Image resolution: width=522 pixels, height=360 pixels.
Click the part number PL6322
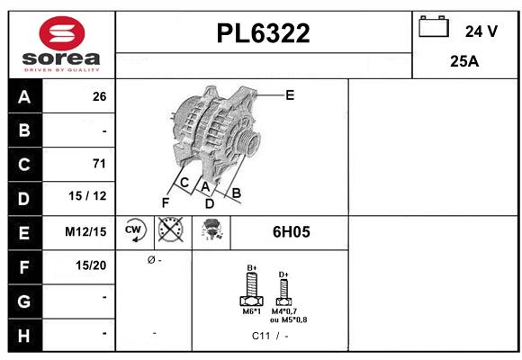tap(264, 34)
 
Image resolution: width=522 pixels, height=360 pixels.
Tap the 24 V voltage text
tap(481, 31)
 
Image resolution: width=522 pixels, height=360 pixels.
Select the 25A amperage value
tap(463, 61)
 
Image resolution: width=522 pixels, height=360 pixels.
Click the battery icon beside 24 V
tap(434, 28)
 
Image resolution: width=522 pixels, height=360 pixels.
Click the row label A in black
tap(23, 96)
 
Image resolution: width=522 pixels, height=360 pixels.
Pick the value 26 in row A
tap(99, 97)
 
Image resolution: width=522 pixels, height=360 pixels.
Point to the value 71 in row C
tap(99, 164)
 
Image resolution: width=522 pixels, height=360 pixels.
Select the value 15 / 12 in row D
tap(93, 197)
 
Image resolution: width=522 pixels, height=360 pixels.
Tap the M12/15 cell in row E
tap(86, 231)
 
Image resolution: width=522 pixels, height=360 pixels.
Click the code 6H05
tap(291, 231)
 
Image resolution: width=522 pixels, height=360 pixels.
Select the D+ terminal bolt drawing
tap(283, 290)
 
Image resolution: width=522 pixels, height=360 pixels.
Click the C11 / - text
tap(270, 336)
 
